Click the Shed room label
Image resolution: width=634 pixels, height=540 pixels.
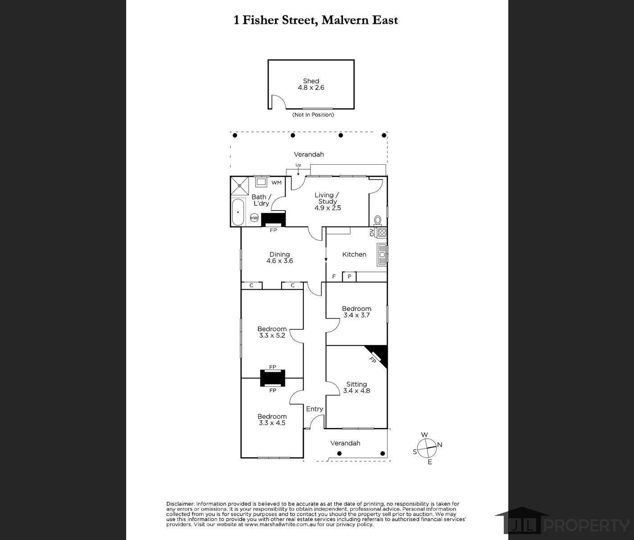(x=311, y=81)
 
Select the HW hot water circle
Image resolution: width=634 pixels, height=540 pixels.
(x=254, y=218)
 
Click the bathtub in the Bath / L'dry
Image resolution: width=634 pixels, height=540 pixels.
(x=238, y=212)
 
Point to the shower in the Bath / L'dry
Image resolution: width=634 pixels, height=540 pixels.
(x=240, y=185)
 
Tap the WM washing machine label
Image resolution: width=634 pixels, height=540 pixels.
(x=276, y=183)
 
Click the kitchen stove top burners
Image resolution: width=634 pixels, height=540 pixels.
(x=382, y=233)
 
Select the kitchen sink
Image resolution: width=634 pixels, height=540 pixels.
(x=382, y=255)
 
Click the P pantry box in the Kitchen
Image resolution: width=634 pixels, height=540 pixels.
(x=349, y=277)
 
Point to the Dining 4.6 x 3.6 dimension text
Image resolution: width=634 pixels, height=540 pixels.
(x=280, y=261)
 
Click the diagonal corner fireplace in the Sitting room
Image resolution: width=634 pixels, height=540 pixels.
(x=378, y=356)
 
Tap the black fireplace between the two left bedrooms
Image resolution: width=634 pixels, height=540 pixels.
(x=272, y=378)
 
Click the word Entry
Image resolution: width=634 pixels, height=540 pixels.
(x=315, y=409)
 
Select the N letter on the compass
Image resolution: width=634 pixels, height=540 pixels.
(x=439, y=445)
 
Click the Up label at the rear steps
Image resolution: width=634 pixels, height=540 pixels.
(x=298, y=165)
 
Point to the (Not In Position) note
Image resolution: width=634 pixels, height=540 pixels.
(x=313, y=115)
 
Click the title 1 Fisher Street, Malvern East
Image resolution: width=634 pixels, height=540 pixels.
(x=315, y=20)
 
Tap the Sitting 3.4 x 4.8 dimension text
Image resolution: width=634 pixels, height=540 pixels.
(x=356, y=391)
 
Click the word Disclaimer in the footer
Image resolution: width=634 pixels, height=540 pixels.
(x=180, y=504)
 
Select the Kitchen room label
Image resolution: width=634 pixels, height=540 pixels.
(x=354, y=254)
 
